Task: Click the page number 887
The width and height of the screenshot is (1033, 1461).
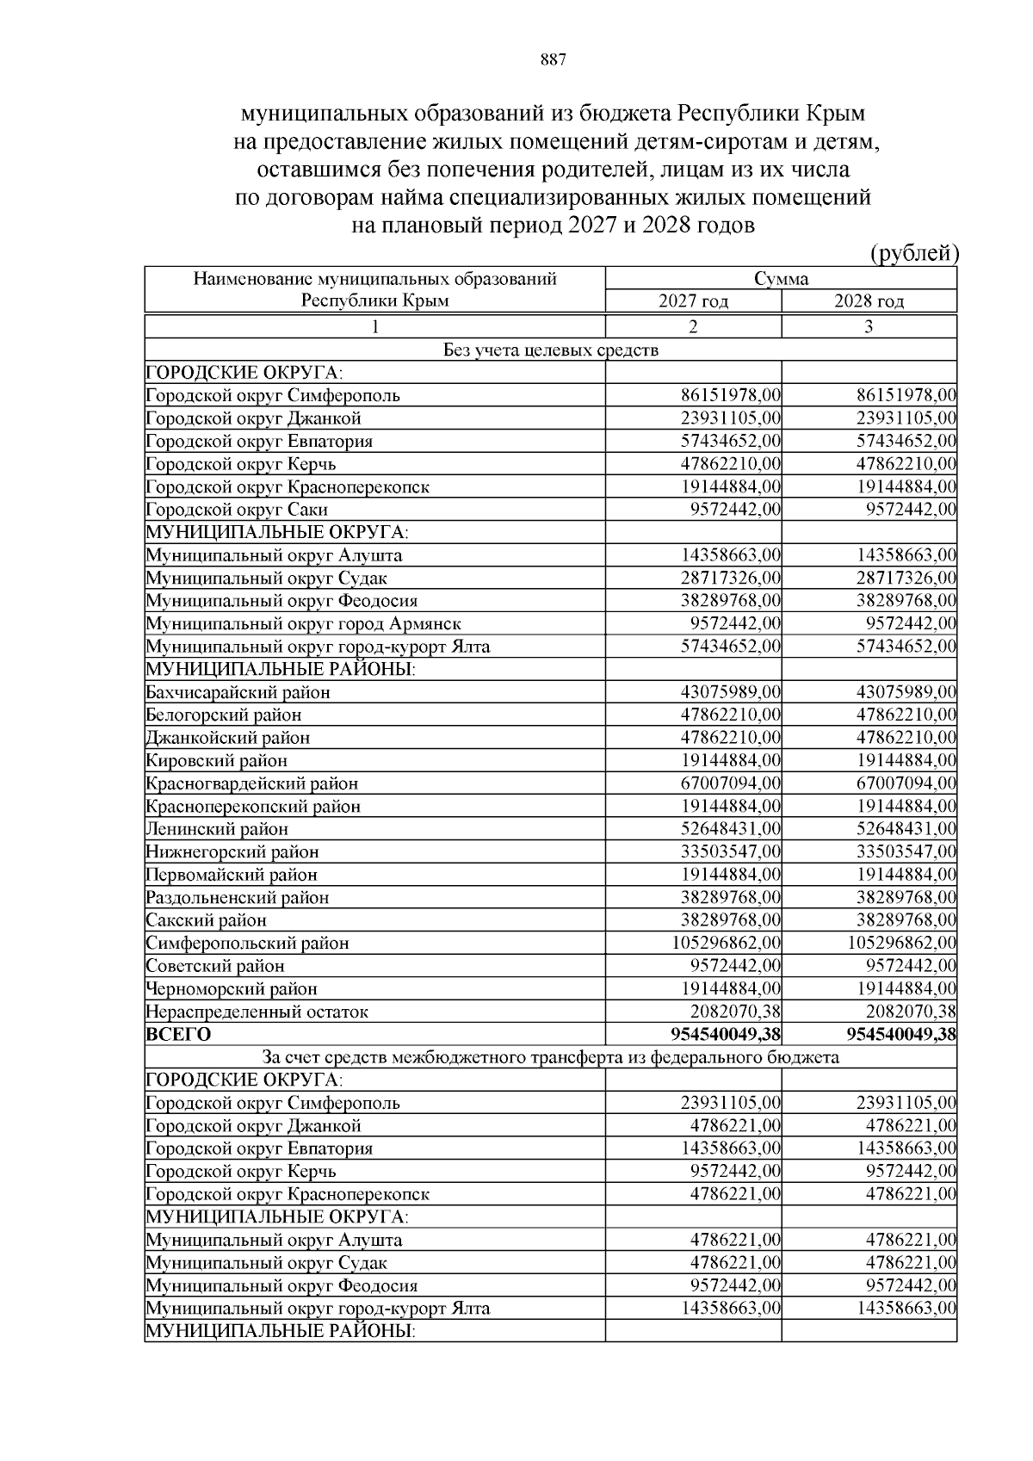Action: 553,60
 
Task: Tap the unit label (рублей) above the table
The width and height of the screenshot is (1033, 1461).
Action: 914,253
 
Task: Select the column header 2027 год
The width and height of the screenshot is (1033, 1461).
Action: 693,301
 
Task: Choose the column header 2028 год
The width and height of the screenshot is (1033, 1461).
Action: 869,301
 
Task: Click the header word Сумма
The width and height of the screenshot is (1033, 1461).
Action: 781,279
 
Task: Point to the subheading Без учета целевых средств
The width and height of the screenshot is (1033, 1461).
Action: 551,350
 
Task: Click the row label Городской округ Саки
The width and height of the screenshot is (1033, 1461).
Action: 237,510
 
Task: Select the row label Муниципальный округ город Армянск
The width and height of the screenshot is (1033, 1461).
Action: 303,623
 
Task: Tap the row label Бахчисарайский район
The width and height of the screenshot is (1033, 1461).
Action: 238,692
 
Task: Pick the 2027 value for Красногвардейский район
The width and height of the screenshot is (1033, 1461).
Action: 731,783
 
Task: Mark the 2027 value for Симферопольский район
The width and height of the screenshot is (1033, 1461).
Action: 727,943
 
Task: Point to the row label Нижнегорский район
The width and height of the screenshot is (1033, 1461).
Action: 232,852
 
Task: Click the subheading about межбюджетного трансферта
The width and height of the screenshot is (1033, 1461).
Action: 551,1057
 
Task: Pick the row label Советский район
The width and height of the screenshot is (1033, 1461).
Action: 215,966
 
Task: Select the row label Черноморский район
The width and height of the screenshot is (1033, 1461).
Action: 232,989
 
